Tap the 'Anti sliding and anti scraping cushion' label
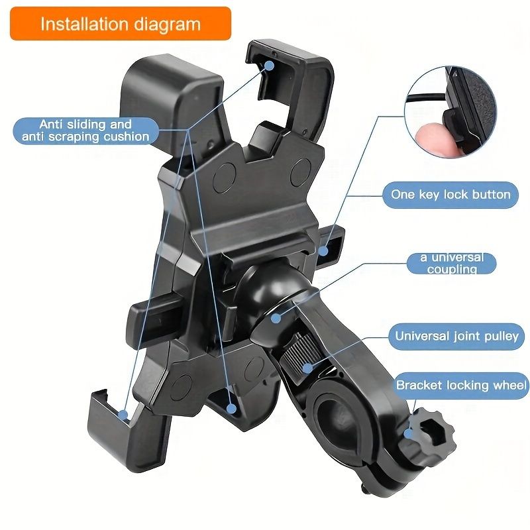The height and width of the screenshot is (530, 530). [x=85, y=131]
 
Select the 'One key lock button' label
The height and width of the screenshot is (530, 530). [x=450, y=195]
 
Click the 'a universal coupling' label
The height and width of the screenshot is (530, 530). [x=452, y=263]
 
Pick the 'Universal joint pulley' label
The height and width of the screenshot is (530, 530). [x=456, y=336]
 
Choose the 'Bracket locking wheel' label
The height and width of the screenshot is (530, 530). [x=462, y=385]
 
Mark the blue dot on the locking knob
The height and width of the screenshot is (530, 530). [x=410, y=435]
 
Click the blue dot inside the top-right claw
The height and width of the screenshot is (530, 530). [x=270, y=64]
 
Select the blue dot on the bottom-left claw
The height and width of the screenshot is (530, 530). [x=123, y=415]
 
